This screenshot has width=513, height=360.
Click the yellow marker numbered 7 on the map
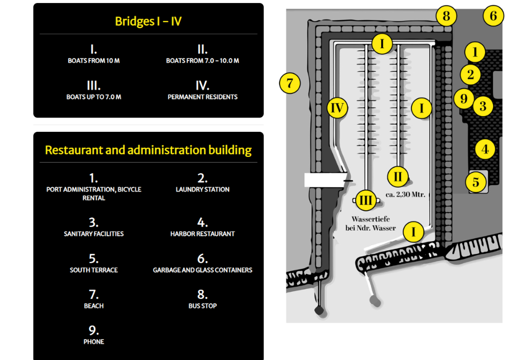click(x=290, y=83)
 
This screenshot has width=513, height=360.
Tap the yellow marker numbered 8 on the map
click(x=446, y=16)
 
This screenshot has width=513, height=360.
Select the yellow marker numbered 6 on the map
click(x=493, y=16)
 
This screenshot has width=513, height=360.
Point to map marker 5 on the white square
click(x=476, y=182)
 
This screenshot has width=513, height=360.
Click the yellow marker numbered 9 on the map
click(x=464, y=98)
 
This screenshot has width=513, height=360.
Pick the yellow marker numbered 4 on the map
click(x=485, y=150)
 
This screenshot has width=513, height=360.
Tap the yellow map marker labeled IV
click(x=337, y=108)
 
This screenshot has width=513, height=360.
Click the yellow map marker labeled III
click(x=365, y=200)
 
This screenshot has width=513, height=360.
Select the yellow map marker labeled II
click(x=398, y=177)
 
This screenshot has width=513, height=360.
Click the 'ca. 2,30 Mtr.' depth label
click(x=405, y=194)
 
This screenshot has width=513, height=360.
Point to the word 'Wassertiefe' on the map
click(x=370, y=219)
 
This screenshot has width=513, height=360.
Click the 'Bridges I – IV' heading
click(x=148, y=21)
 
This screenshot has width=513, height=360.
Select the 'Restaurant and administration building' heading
click(x=148, y=150)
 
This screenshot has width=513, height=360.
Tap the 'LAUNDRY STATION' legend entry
click(x=203, y=189)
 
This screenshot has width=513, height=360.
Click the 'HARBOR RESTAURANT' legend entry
click(x=203, y=233)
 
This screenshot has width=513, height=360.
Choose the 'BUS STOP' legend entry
click(x=203, y=306)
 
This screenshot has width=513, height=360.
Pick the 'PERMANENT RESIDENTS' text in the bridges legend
click(x=203, y=96)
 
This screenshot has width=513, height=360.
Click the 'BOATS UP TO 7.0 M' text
click(x=94, y=96)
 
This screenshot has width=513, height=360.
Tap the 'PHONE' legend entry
click(x=94, y=342)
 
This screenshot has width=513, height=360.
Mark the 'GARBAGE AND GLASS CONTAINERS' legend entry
click(x=203, y=270)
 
